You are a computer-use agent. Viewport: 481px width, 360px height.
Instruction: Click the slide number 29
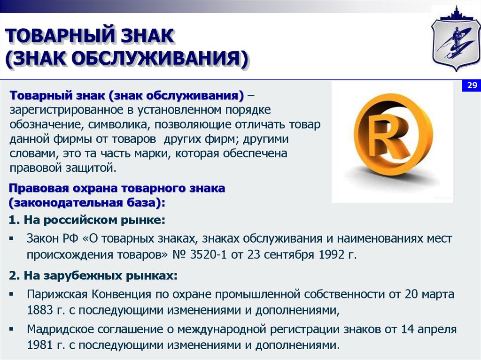pos(472,85)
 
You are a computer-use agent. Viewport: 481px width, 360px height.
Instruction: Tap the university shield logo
pos(456,39)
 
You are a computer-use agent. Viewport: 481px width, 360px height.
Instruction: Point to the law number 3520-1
pos(208,255)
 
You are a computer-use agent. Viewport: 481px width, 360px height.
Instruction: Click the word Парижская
pos(57,294)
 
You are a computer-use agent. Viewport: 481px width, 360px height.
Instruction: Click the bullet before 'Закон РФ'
pos(11,238)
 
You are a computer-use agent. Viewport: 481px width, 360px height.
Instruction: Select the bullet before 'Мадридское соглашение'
pos(11,329)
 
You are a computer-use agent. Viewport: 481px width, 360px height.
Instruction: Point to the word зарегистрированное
pos(67,110)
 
